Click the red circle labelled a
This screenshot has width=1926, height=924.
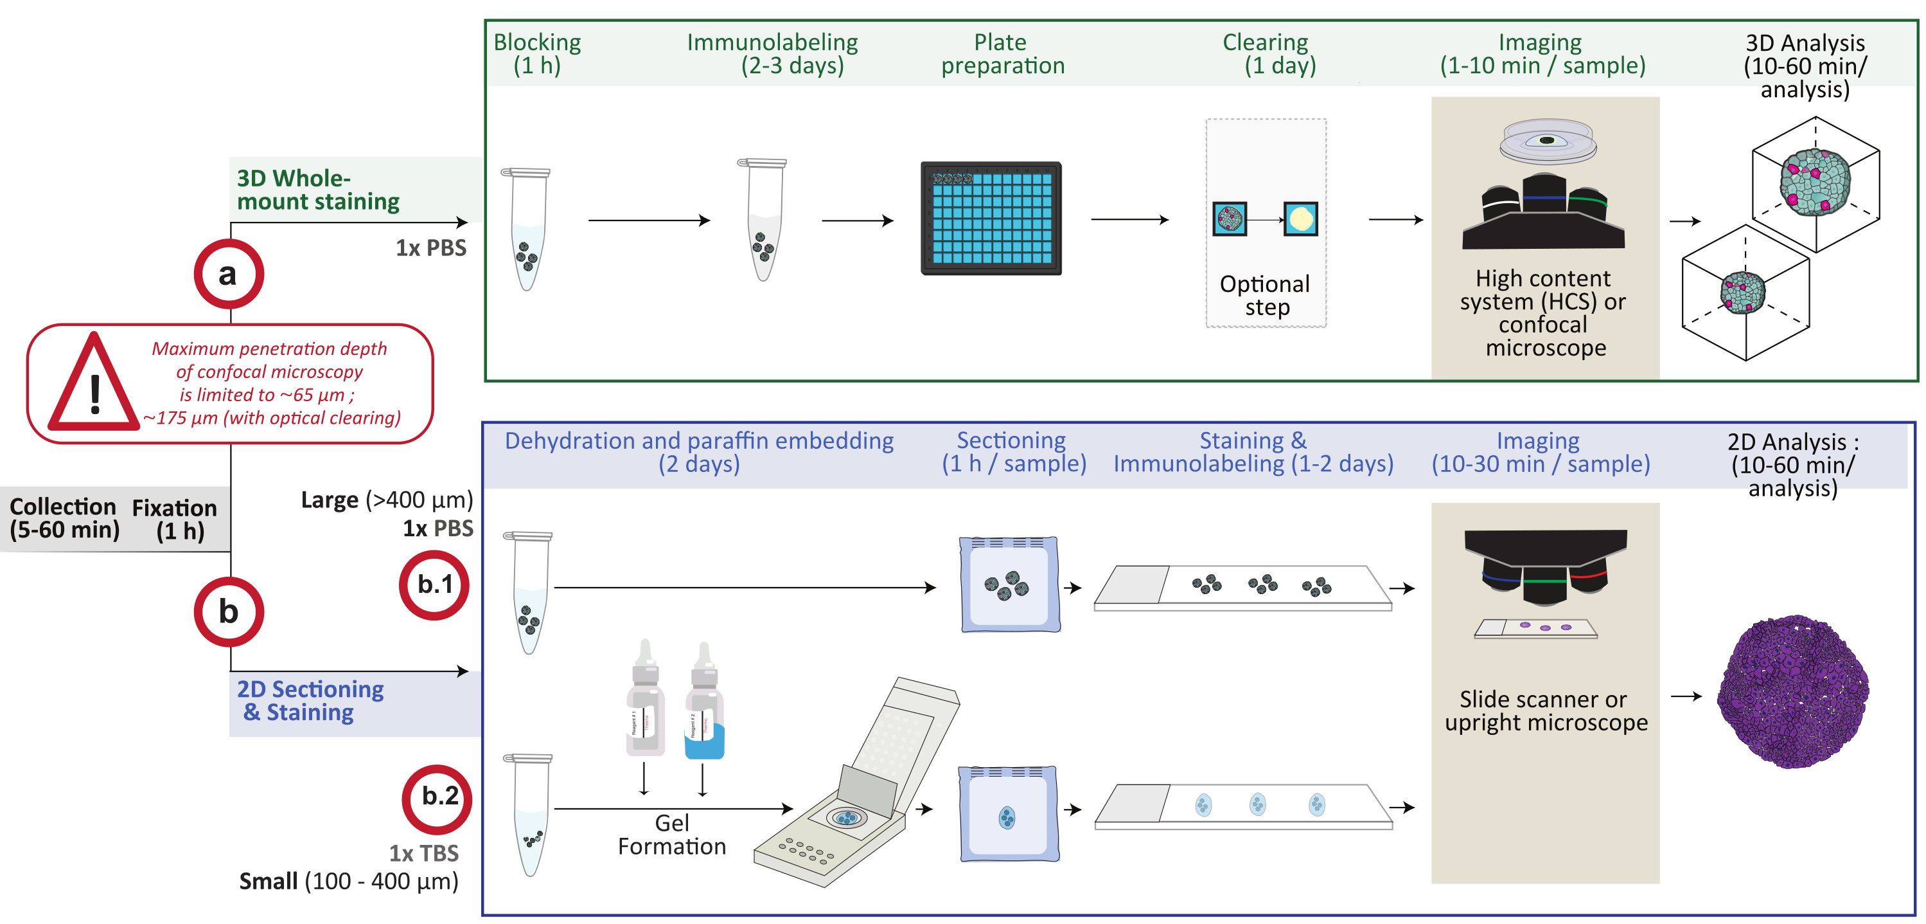(229, 274)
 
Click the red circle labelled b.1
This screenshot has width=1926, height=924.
(434, 584)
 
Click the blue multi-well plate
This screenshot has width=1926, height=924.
(991, 219)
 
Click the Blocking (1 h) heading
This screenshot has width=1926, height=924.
(537, 54)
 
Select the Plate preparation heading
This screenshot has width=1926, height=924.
(1002, 54)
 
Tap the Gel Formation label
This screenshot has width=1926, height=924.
(671, 834)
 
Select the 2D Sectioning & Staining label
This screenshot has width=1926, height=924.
(310, 700)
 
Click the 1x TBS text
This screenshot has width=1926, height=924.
(423, 853)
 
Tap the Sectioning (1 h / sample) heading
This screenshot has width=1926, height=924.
(1013, 452)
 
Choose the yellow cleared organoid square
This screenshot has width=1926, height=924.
(1300, 219)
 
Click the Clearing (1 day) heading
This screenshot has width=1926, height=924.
(1268, 54)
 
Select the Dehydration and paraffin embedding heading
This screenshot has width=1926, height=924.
(699, 452)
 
